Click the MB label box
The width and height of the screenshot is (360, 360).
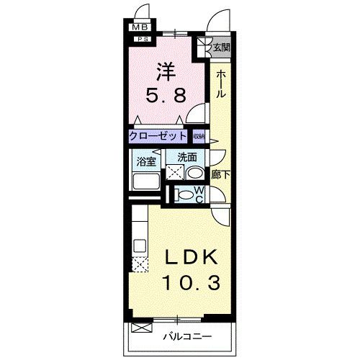tap(137, 28)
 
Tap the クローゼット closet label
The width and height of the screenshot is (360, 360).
tap(158, 135)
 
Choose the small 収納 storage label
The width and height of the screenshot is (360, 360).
tap(199, 135)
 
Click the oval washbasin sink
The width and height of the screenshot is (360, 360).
tap(194, 173)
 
